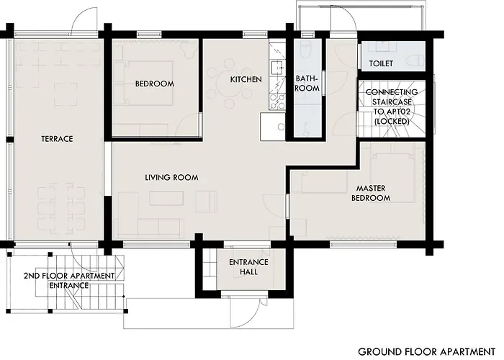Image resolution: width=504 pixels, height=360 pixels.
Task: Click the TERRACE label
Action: pyautogui.click(x=57, y=139)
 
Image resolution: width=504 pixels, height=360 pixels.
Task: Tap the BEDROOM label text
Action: pyautogui.click(x=155, y=84)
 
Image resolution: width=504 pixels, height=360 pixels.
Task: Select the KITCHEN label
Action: pyautogui.click(x=246, y=79)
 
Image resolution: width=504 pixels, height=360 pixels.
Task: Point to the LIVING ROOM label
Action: pyautogui.click(x=171, y=177)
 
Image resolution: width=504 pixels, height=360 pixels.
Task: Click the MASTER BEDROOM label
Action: pyautogui.click(x=371, y=193)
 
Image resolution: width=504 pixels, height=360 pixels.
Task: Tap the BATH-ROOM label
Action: pyautogui.click(x=307, y=83)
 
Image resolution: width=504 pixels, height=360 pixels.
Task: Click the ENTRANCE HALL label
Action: pyautogui.click(x=248, y=266)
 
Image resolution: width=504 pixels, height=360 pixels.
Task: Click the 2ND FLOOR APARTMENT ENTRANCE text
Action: pyautogui.click(x=68, y=281)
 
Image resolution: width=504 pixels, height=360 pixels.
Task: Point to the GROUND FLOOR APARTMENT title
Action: pyautogui.click(x=421, y=351)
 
